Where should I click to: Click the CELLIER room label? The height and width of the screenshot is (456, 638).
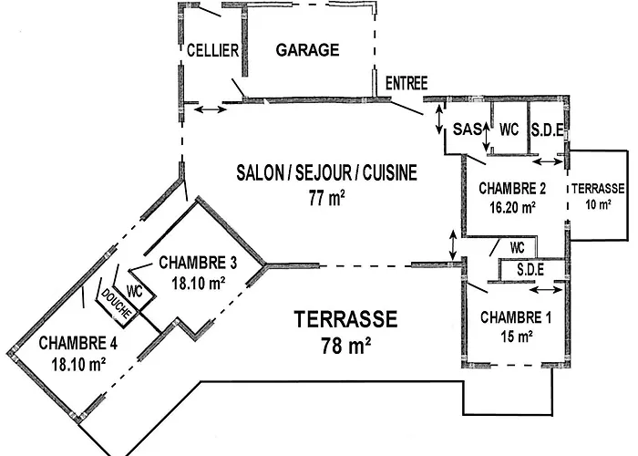pyautogui.click(x=212, y=50)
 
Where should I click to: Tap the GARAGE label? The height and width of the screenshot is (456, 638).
pyautogui.click(x=307, y=50)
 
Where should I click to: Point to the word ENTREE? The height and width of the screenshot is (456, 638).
pyautogui.click(x=406, y=83)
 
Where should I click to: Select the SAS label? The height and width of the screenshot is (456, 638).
pyautogui.click(x=467, y=130)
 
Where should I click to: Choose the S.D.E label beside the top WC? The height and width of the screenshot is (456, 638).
pyautogui.click(x=547, y=130)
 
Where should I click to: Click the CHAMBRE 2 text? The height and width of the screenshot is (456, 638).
pyautogui.click(x=512, y=190)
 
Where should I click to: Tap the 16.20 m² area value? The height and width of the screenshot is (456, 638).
pyautogui.click(x=510, y=207)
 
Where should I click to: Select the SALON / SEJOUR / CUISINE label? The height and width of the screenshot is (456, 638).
pyautogui.click(x=325, y=172)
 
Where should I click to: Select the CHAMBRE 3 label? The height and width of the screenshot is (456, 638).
pyautogui.click(x=198, y=263)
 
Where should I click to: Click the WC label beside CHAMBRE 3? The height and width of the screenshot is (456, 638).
pyautogui.click(x=134, y=291)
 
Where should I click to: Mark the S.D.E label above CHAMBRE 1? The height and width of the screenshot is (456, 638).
pyautogui.click(x=530, y=270)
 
